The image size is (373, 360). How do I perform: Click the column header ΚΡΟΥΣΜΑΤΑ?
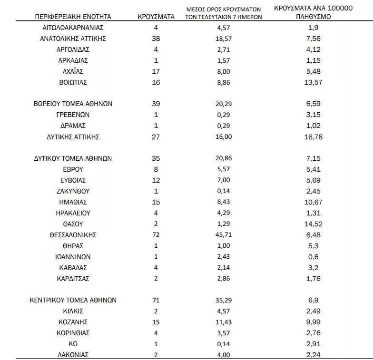[x=156, y=17]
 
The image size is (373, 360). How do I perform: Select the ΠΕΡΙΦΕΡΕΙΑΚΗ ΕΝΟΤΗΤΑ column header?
[x=73, y=17]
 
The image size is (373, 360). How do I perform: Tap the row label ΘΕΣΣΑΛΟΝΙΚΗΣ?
[x=73, y=235]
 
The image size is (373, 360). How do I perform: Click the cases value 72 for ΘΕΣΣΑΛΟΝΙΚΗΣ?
[x=156, y=235]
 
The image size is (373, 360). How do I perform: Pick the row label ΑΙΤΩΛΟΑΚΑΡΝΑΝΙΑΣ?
[x=73, y=28]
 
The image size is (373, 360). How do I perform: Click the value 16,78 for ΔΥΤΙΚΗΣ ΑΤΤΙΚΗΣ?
[x=314, y=137]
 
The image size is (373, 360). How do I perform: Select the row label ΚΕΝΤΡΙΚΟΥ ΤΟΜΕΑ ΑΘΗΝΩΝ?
[x=73, y=300]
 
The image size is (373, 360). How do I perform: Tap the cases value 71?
[x=156, y=300]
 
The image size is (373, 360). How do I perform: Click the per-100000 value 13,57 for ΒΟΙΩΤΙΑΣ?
[x=314, y=82]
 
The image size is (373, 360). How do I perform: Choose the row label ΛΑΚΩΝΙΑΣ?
[x=73, y=354]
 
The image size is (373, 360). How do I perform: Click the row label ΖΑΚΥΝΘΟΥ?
[x=73, y=191]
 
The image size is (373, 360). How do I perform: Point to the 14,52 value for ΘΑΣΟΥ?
[x=314, y=224]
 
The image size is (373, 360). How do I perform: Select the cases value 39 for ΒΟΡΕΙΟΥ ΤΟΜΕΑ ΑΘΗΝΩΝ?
[x=156, y=104]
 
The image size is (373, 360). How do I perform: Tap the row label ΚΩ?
[x=73, y=343]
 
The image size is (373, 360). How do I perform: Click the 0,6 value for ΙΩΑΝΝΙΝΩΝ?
[x=314, y=257]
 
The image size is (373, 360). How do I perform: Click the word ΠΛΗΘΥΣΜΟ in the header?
[x=314, y=17]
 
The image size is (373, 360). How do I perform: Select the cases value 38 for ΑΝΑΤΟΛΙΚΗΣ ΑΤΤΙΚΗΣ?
[x=156, y=39]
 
